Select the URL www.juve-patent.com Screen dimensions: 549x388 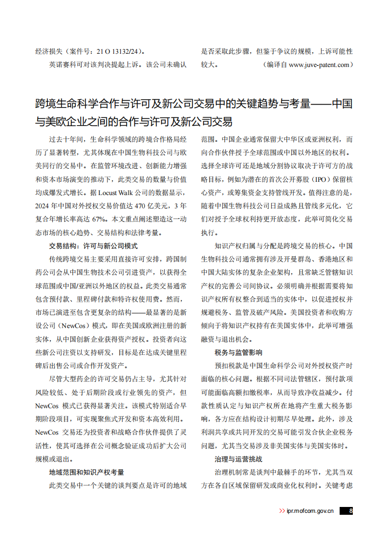[x=319, y=64]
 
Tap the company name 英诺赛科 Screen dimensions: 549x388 [x=63, y=64]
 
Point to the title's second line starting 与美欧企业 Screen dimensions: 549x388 [x=133, y=121]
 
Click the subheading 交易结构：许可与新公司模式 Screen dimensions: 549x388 [x=93, y=246]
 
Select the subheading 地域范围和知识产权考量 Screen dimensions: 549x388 [x=86, y=472]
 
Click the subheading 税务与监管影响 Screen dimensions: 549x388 [x=238, y=352]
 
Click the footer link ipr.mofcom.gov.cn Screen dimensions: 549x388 [x=310, y=511]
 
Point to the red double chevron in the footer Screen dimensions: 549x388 [x=282, y=511]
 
